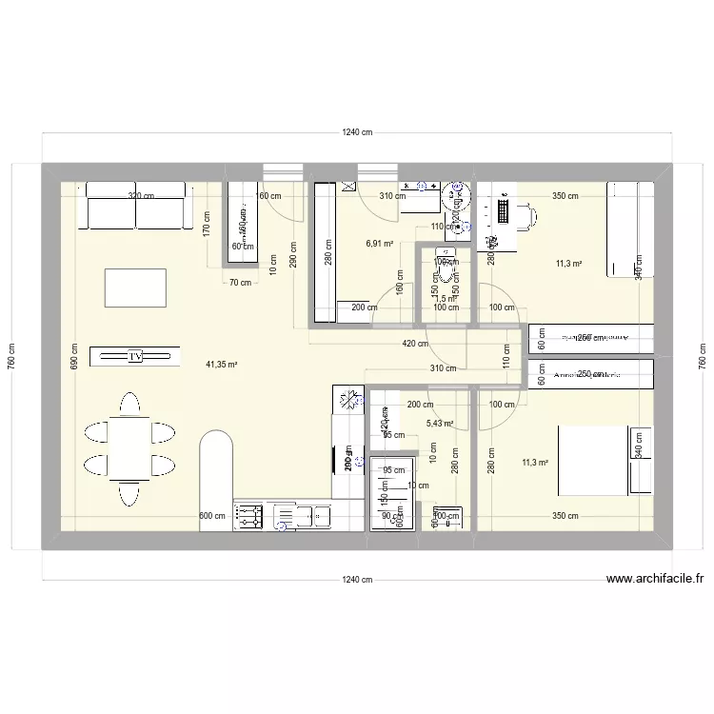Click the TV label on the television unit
click(x=135, y=356)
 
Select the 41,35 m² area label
click(x=221, y=364)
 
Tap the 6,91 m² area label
click(x=380, y=243)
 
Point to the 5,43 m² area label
click(x=440, y=424)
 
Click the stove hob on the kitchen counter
click(x=248, y=517)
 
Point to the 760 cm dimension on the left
click(x=12, y=355)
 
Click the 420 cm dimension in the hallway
click(x=415, y=344)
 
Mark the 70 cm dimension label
click(x=239, y=282)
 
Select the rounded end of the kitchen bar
click(x=217, y=444)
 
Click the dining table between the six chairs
click(x=129, y=450)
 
